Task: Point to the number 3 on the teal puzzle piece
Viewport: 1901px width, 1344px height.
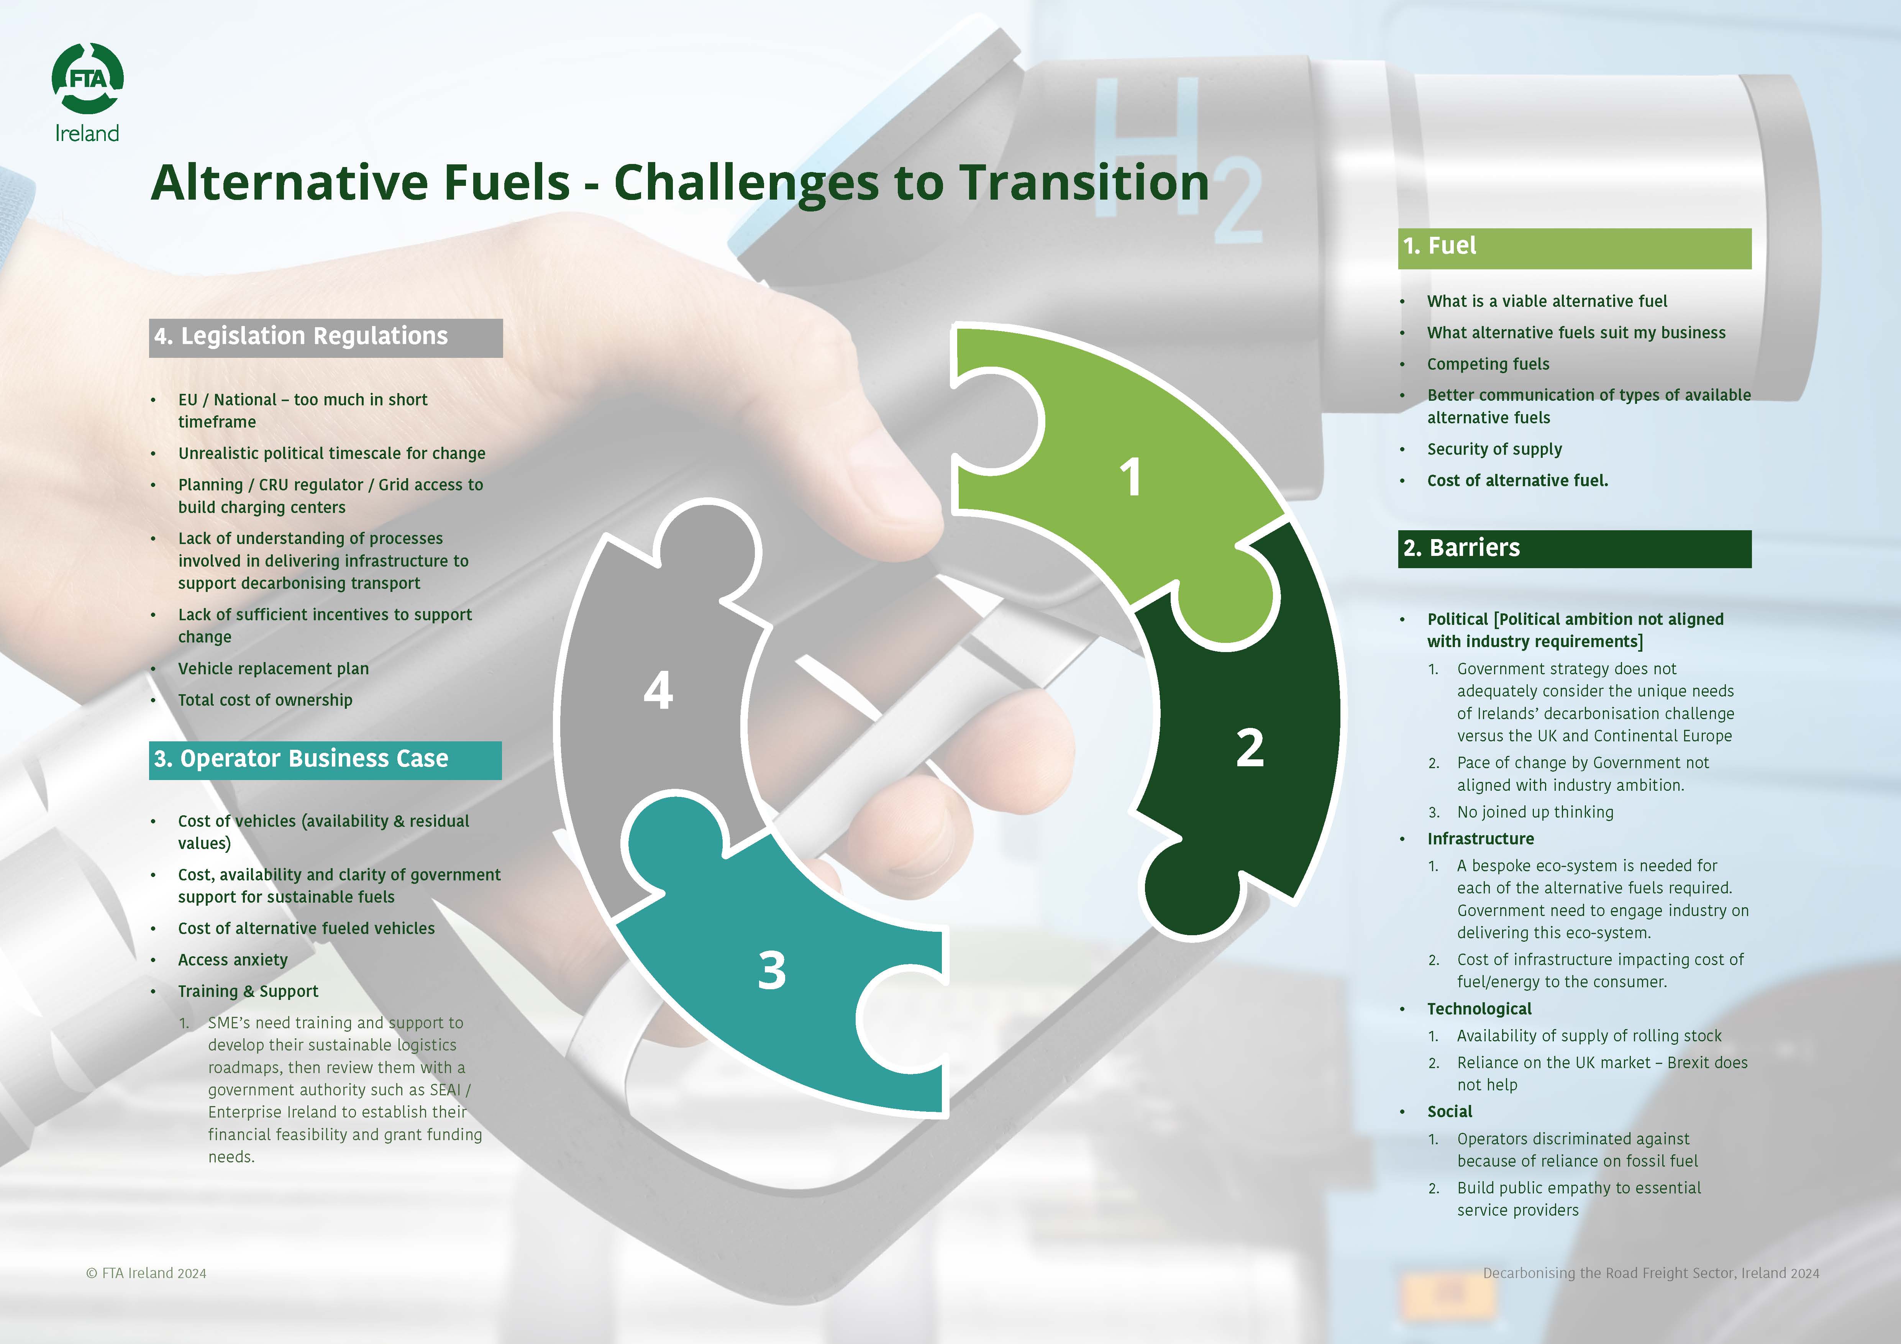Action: (772, 970)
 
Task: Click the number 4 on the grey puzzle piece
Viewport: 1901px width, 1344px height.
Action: (658, 690)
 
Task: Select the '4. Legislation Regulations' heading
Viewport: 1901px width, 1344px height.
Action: (300, 336)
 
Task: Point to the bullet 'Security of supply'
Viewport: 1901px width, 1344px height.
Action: (1494, 449)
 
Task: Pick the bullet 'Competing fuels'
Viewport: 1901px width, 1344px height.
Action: (1488, 364)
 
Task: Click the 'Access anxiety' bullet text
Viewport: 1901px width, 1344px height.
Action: (233, 960)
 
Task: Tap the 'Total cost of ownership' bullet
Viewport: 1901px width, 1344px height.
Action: (265, 700)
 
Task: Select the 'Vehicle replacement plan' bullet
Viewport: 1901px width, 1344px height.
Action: (273, 669)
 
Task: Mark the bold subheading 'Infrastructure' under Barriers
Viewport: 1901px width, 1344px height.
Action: (1480, 839)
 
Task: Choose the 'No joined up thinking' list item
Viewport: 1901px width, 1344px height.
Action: (1535, 812)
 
